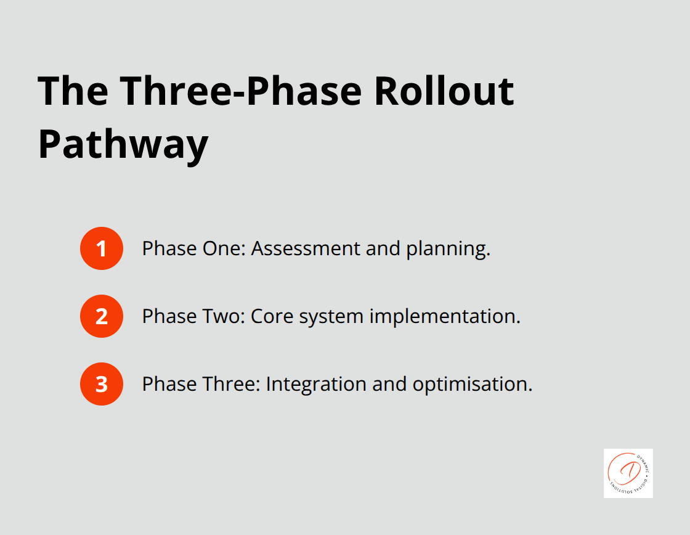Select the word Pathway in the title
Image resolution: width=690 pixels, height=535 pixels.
click(x=123, y=145)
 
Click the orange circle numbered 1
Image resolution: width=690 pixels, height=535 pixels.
click(x=102, y=248)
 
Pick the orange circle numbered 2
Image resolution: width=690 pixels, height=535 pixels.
click(x=102, y=316)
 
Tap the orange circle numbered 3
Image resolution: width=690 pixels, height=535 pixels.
click(x=102, y=384)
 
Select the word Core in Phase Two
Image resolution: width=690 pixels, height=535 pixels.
click(x=268, y=316)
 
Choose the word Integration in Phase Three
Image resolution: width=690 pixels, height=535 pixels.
click(x=315, y=385)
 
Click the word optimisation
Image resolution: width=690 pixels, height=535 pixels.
click(x=472, y=385)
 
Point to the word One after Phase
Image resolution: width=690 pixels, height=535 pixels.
click(x=224, y=248)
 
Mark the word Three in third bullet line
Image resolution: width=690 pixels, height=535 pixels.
click(x=231, y=384)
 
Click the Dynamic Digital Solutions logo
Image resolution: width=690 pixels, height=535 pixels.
click(x=628, y=473)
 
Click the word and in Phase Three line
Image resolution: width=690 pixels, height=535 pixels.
click(x=389, y=384)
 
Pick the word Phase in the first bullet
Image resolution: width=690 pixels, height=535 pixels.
click(x=169, y=248)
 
